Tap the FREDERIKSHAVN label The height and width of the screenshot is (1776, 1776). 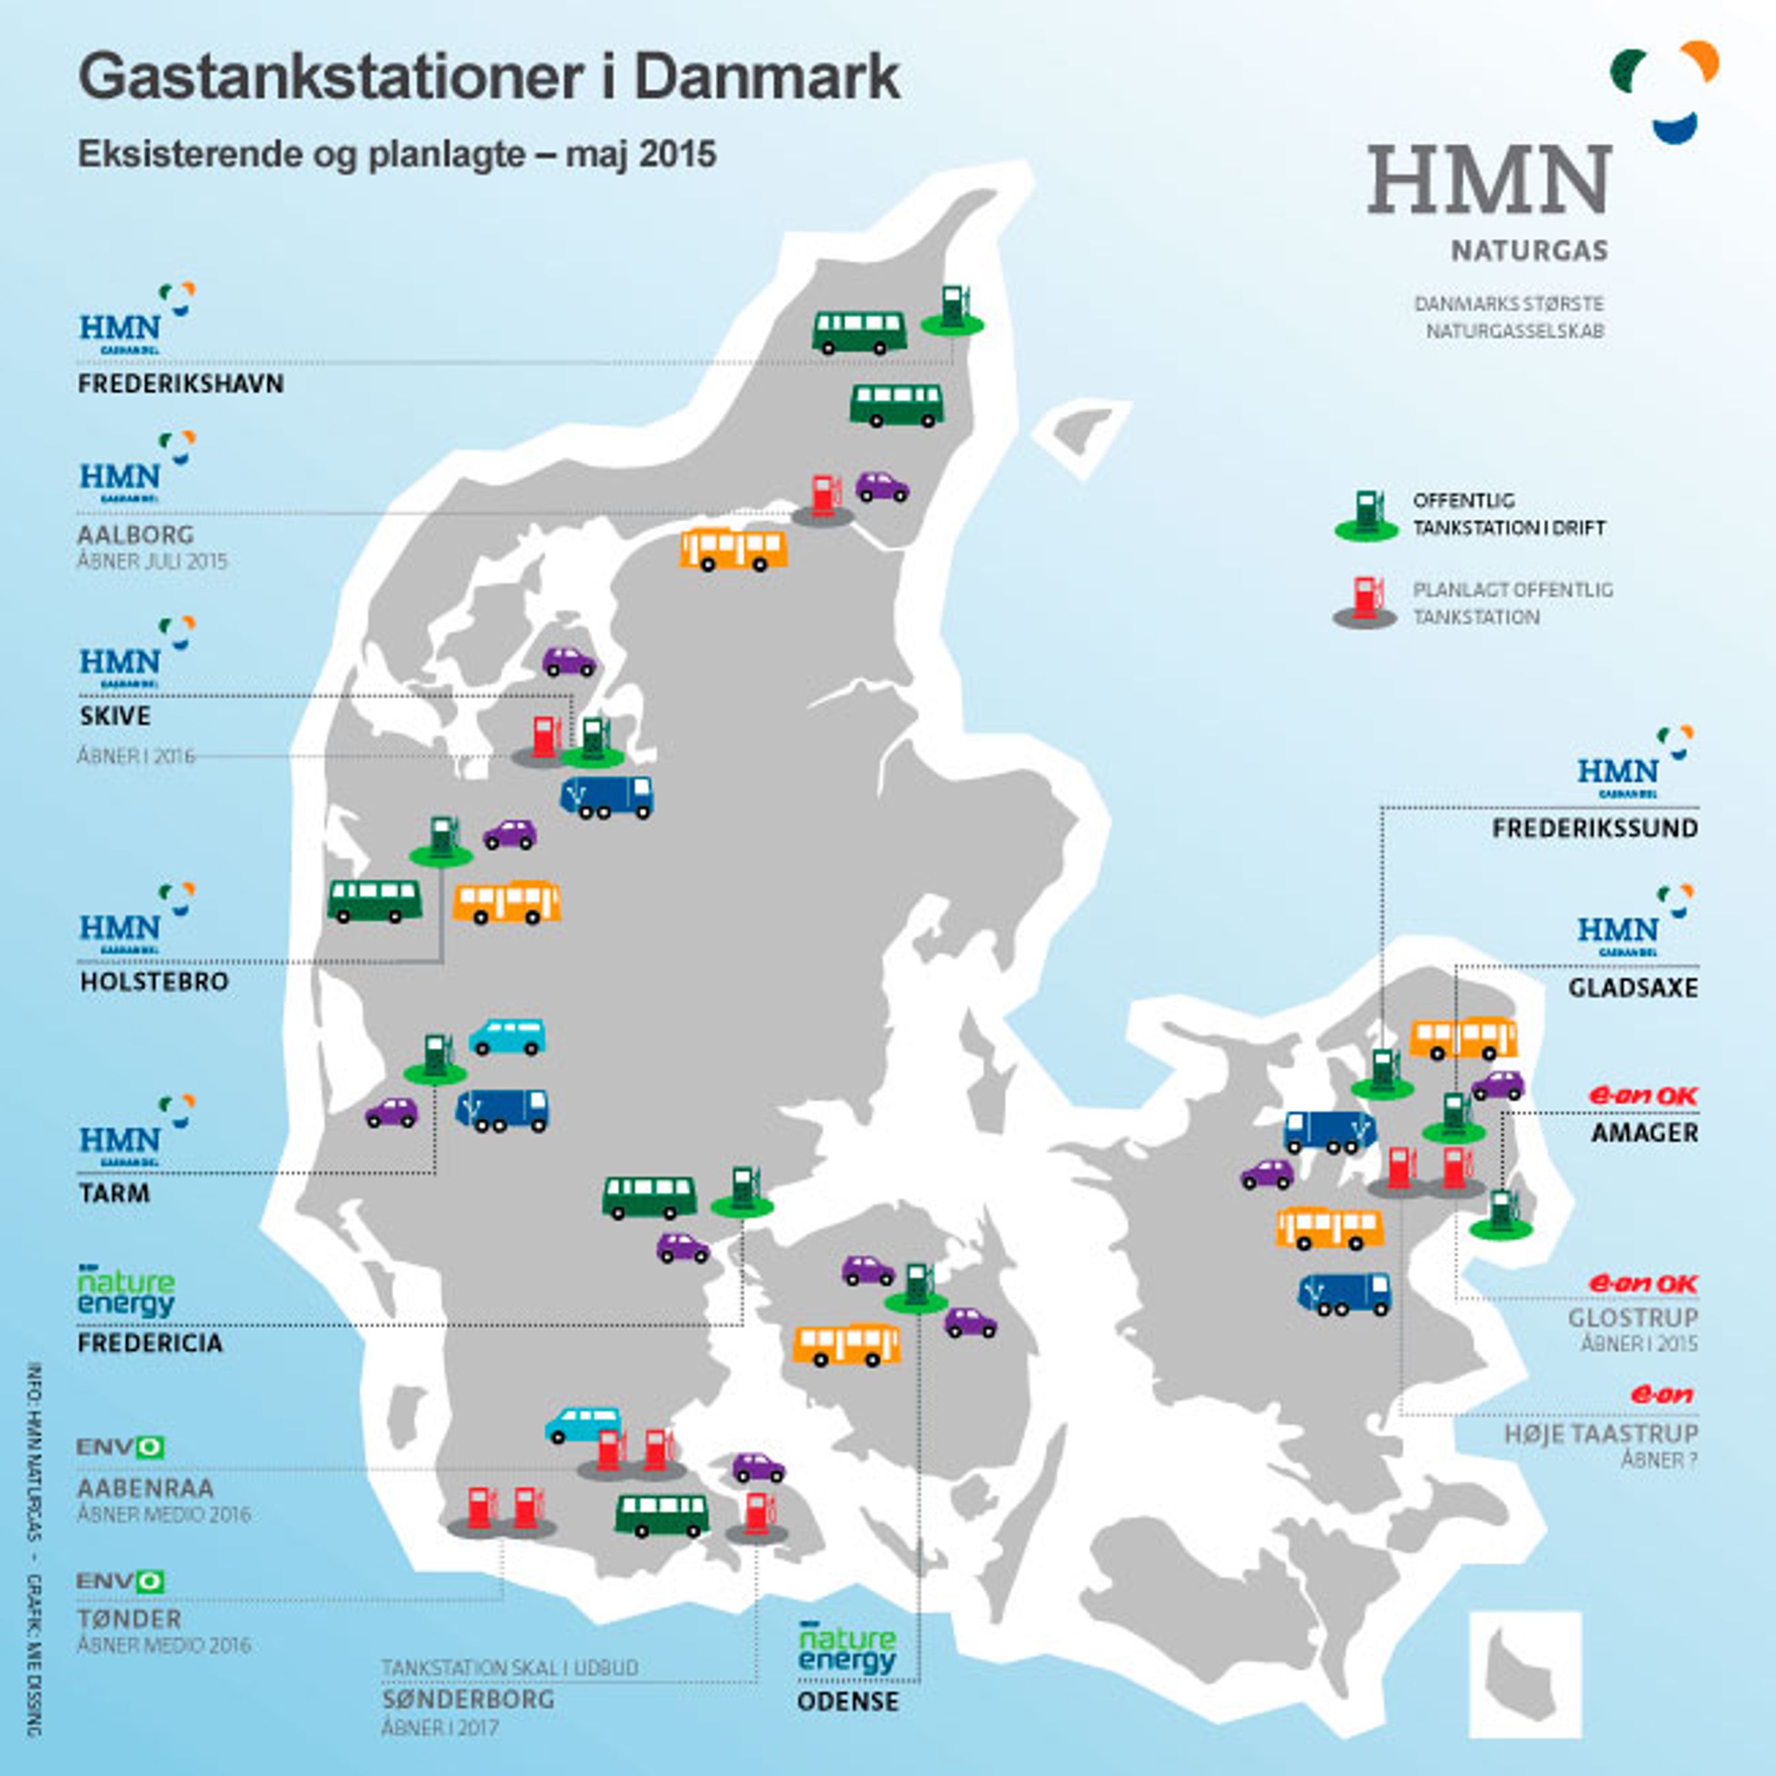tap(180, 384)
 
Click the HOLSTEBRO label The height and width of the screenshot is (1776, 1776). tap(153, 982)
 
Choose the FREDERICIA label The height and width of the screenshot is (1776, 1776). tap(150, 1343)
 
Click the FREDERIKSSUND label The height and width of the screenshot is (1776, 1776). tap(1594, 828)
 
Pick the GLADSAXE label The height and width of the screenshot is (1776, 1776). tap(1632, 988)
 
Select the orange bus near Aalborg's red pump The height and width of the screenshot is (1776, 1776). tap(734, 549)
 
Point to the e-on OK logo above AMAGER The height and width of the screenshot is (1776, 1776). tap(1644, 1096)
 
